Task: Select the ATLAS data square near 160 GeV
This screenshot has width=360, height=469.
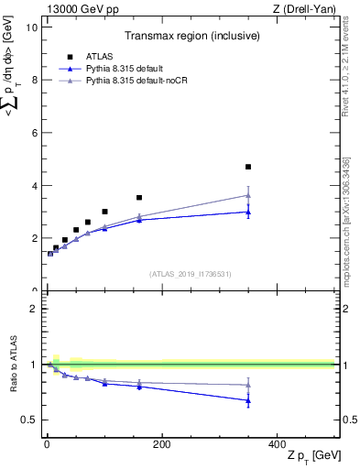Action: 139,198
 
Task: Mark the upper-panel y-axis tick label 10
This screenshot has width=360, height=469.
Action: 31,27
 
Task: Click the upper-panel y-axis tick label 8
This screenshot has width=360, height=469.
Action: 34,80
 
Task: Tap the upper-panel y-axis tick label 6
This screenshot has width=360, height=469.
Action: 34,133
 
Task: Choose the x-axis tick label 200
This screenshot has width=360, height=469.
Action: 162,444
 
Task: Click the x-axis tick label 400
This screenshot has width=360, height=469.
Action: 277,444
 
